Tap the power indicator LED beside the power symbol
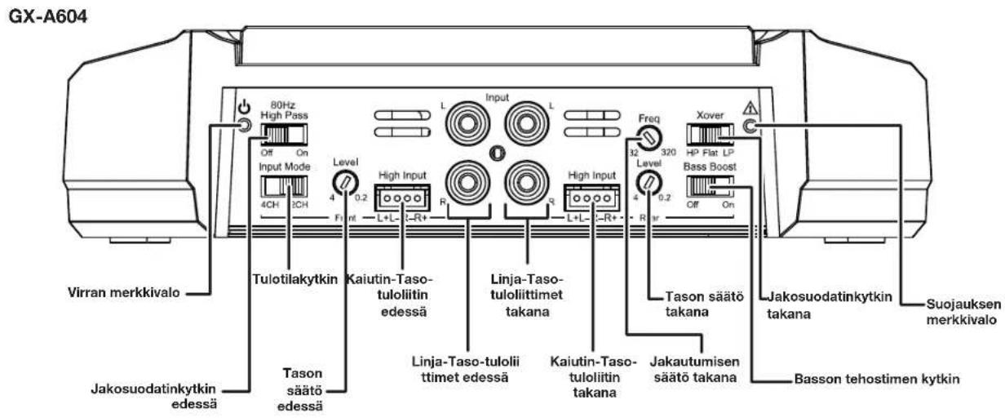click(244, 126)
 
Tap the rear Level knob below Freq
click(649, 182)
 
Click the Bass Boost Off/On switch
click(710, 185)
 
